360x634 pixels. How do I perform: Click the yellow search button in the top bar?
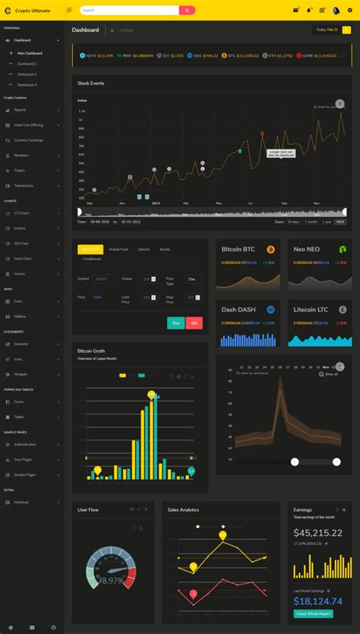tap(188, 11)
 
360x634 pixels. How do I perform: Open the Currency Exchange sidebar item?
tap(29, 140)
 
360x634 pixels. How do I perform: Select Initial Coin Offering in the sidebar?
tap(29, 125)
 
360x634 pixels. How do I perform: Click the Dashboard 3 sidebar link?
tap(27, 74)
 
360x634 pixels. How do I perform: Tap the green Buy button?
tap(175, 323)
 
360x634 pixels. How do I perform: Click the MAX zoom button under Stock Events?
tap(340, 222)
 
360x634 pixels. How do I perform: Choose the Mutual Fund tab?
tap(118, 249)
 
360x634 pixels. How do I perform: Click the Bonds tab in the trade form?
tap(165, 249)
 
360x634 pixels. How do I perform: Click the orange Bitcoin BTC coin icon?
tap(270, 249)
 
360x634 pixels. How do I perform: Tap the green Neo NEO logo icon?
tap(342, 249)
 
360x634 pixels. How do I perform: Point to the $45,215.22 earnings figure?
tap(317, 533)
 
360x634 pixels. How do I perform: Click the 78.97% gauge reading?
tap(111, 581)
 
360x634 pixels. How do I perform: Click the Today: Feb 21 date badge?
tap(327, 30)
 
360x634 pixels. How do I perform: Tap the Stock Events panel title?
tap(91, 83)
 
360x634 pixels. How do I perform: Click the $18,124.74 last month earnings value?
tap(317, 599)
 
